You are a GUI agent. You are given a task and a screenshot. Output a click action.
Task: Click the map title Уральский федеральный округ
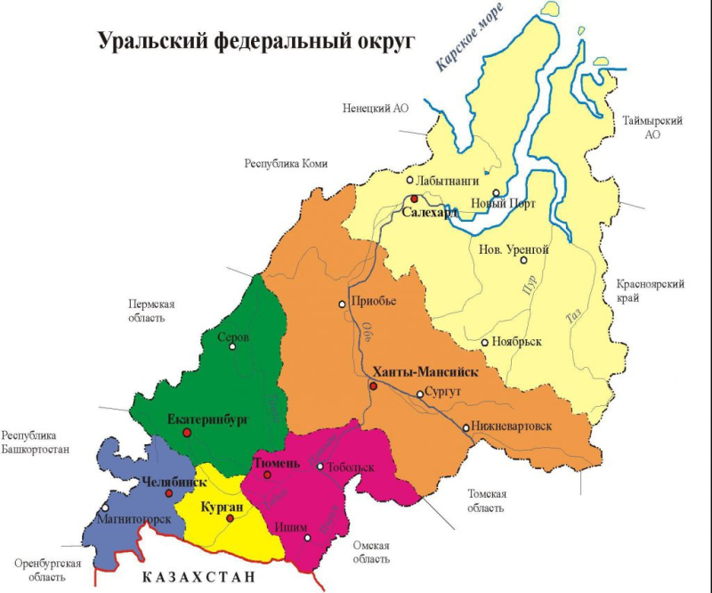256,41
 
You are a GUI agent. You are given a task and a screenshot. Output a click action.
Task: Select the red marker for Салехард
414,199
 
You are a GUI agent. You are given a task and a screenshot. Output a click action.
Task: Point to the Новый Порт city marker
496,192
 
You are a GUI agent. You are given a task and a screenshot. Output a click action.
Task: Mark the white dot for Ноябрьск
484,342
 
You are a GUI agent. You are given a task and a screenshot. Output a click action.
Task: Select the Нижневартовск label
511,426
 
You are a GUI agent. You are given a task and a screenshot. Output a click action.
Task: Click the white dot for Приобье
342,304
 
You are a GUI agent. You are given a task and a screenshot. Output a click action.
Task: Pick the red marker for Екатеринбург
187,432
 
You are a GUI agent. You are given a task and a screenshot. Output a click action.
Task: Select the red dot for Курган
230,518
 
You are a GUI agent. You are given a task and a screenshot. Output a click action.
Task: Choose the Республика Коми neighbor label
286,164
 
